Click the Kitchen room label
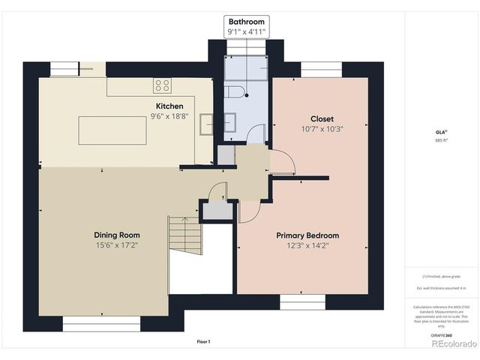point(169,106)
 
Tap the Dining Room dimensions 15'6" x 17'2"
point(118,244)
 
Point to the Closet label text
point(322,118)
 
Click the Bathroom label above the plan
point(247,22)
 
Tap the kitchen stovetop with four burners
point(162,85)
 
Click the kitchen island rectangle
point(112,130)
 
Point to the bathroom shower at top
point(247,67)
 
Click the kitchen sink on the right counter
point(205,124)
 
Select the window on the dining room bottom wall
point(101,324)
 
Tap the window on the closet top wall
point(322,70)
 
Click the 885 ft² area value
point(440,140)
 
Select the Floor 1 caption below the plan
point(203,341)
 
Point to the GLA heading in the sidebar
point(440,131)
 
